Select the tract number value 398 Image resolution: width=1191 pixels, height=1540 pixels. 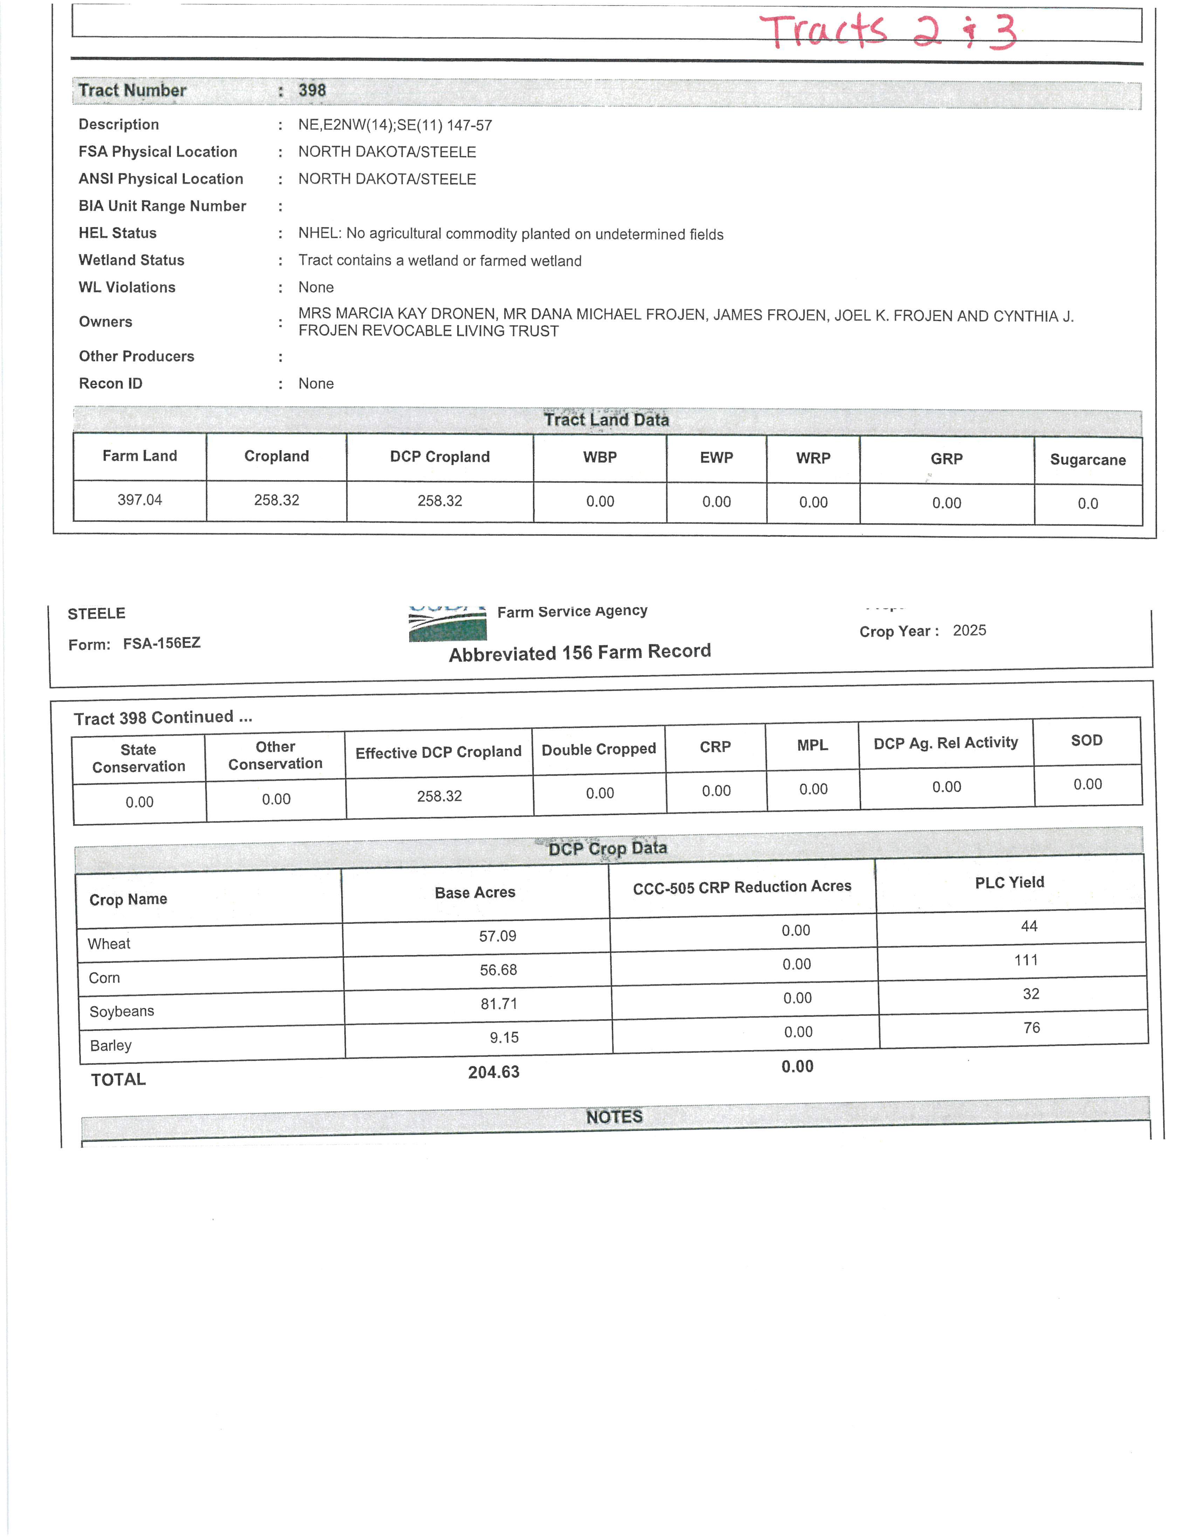[x=312, y=90]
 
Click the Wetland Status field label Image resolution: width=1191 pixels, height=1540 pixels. [x=131, y=260]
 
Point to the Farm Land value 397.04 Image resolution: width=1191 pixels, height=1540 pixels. [x=140, y=500]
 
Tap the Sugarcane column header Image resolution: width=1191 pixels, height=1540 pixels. [x=1087, y=460]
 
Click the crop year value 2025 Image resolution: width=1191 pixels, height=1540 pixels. [x=969, y=630]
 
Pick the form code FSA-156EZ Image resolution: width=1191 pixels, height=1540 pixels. [x=161, y=643]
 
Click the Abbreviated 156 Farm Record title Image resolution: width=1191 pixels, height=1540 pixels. [x=579, y=652]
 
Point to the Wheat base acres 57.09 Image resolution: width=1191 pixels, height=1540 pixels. [x=497, y=936]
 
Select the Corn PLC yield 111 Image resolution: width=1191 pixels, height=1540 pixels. [x=1026, y=960]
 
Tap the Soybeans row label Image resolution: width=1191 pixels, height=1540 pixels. [x=121, y=1011]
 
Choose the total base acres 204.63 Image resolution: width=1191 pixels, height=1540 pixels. [x=493, y=1072]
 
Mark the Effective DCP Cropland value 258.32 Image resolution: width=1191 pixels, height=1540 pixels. [x=439, y=796]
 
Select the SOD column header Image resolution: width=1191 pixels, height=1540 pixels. [x=1086, y=740]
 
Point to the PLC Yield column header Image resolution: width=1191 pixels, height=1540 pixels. [x=1009, y=882]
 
